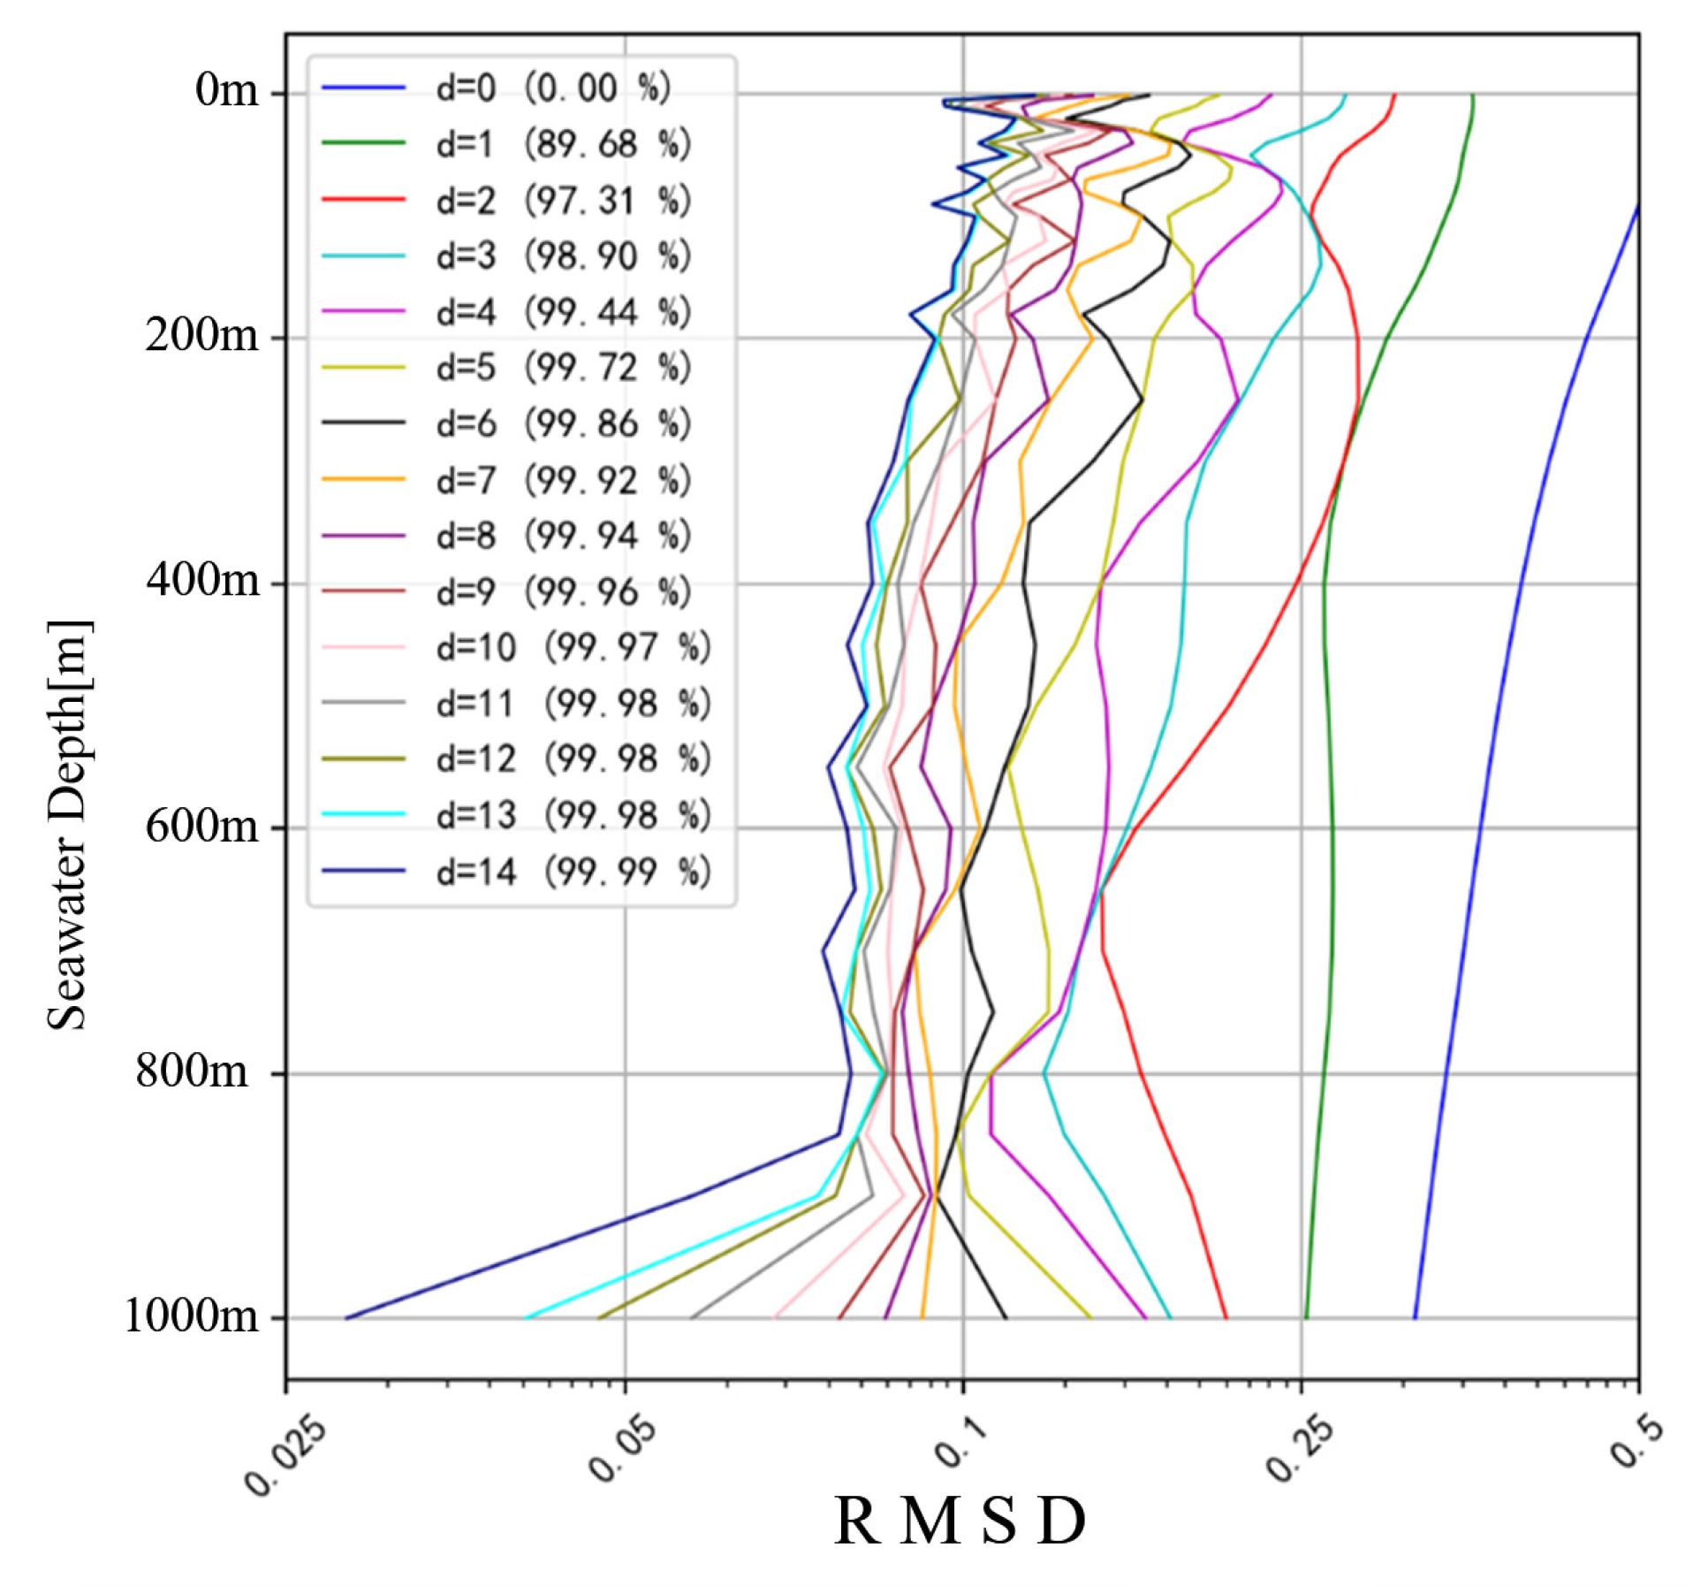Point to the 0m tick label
point(227,91)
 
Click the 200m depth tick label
point(202,336)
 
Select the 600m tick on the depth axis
point(202,827)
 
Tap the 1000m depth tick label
point(192,1317)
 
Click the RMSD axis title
point(960,1522)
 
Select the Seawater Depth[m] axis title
point(68,826)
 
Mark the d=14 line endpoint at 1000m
point(346,1318)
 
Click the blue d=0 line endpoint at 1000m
point(1415,1318)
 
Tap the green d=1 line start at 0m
point(1472,95)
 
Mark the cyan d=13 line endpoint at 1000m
point(526,1318)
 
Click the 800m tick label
point(193,1072)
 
